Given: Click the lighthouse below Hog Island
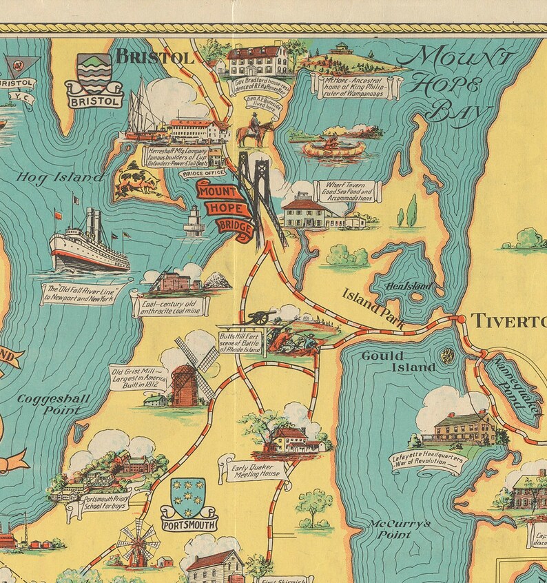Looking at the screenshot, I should (194, 221).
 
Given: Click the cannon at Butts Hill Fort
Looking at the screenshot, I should (262, 316).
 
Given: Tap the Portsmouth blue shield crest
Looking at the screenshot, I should (187, 498).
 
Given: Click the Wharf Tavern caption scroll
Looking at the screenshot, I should (345, 191).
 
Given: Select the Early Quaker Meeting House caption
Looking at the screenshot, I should (256, 470).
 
